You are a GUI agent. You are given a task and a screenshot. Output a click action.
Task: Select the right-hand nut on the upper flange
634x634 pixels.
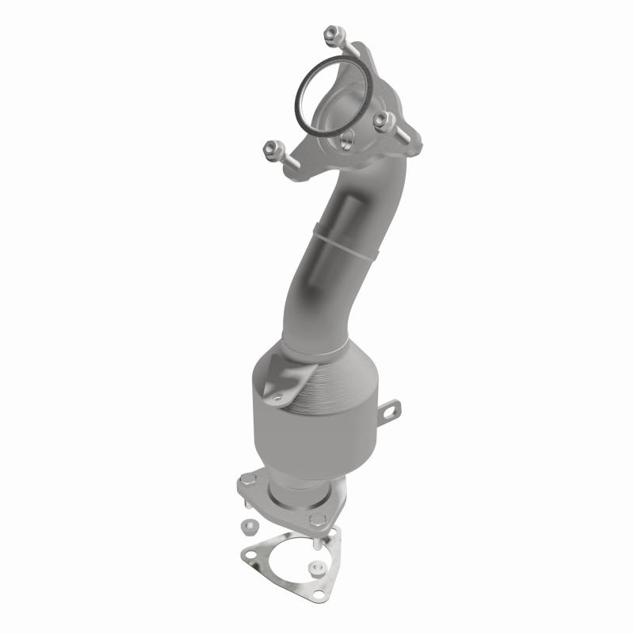(384, 119)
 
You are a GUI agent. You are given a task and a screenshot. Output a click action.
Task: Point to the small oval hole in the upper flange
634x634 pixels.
(347, 143)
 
